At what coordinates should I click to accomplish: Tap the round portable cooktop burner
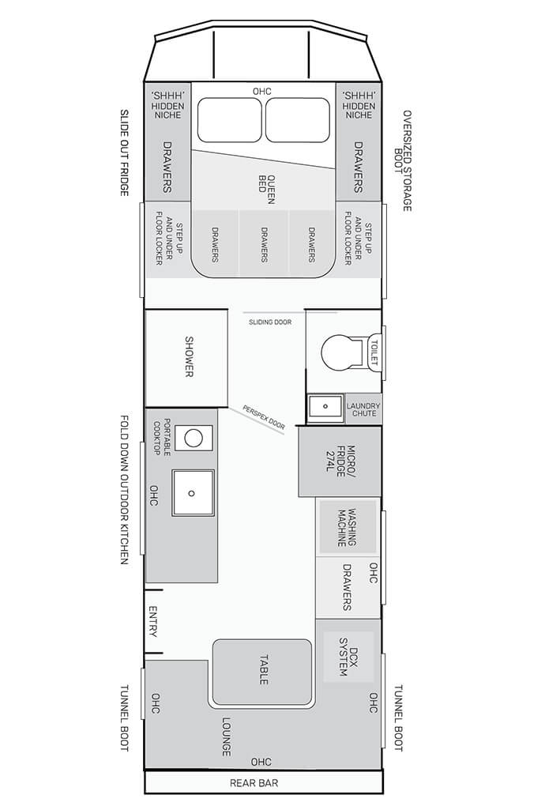[194, 438]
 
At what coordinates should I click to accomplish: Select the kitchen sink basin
[194, 492]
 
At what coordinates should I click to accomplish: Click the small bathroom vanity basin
[325, 408]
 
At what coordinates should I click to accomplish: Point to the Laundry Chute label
[363, 409]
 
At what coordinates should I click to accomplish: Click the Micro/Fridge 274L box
[340, 461]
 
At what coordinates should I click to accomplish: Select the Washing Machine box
[347, 527]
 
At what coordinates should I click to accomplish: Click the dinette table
[262, 672]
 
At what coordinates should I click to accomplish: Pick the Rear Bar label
[254, 783]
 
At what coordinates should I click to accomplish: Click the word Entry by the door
[152, 621]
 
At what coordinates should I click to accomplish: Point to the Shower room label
[189, 356]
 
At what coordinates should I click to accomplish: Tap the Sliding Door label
[270, 322]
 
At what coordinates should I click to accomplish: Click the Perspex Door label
[264, 417]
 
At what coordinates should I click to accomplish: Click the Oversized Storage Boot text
[403, 160]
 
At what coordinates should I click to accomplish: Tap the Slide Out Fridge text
[124, 153]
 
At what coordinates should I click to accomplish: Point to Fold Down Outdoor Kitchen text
[124, 489]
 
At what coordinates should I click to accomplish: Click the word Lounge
[226, 736]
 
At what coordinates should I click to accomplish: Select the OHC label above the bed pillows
[262, 92]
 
